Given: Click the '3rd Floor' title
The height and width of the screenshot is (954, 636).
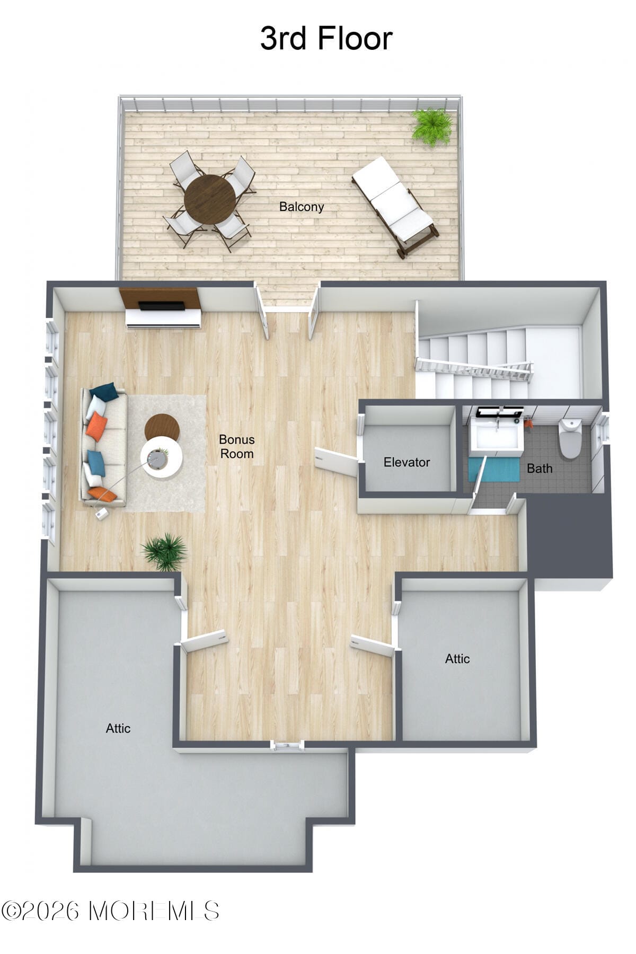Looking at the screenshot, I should point(326,38).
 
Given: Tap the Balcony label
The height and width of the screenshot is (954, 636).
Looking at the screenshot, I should point(302,207).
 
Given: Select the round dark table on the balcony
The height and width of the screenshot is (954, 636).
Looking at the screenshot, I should point(210,199).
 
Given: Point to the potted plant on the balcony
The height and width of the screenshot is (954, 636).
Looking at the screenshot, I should point(432,126).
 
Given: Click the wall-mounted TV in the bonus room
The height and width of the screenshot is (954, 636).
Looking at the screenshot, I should point(161,306).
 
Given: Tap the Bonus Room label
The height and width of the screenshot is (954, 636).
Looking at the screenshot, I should point(237,446).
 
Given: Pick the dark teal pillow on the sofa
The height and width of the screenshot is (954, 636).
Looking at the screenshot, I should point(104,392).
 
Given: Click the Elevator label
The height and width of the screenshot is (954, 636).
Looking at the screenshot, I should point(407,462).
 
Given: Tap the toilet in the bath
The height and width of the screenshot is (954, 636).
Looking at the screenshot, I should point(571,438).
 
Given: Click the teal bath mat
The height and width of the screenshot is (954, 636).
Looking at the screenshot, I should point(494,470).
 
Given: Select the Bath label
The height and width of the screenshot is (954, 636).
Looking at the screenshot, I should point(540,469).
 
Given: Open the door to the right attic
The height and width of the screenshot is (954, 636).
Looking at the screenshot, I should point(373,646).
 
